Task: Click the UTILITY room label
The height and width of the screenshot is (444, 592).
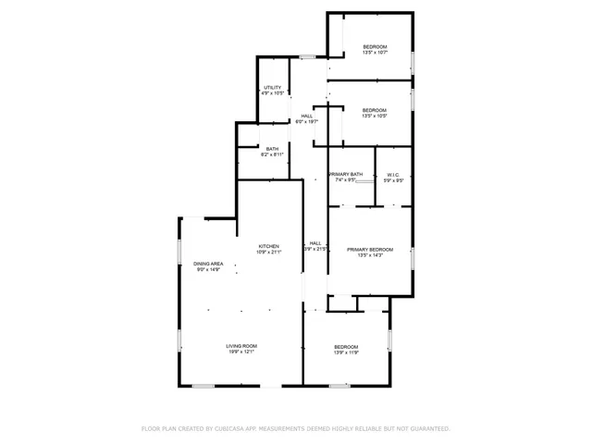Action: (x=272, y=88)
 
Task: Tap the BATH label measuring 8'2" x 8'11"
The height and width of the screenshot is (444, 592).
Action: (x=272, y=149)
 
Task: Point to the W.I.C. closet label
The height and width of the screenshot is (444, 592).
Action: (x=393, y=174)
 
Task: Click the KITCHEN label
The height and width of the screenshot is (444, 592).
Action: (x=268, y=246)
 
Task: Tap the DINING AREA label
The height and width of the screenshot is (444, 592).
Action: (x=208, y=265)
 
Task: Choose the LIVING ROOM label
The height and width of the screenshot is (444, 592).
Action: (x=240, y=346)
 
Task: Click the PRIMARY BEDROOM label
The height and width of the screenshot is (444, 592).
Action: (x=370, y=249)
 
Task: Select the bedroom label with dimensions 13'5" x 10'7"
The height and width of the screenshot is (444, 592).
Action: (x=375, y=47)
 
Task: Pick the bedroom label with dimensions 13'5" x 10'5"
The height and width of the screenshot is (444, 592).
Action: (x=375, y=110)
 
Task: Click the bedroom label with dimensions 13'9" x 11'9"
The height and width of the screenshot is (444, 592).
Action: (x=346, y=347)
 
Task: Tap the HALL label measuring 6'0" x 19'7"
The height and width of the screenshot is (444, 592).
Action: (x=306, y=116)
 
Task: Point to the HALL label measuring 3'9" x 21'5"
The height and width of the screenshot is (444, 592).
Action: (x=315, y=243)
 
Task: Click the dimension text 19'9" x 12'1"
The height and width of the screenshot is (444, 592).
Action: (x=240, y=351)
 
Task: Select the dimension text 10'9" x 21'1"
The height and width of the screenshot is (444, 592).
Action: (x=268, y=252)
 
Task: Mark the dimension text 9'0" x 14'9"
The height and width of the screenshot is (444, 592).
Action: (x=208, y=270)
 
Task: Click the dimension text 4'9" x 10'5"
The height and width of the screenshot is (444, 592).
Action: (x=272, y=93)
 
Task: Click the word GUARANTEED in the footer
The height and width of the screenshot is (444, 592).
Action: (x=429, y=428)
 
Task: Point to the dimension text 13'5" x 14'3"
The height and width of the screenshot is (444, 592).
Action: (x=370, y=254)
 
